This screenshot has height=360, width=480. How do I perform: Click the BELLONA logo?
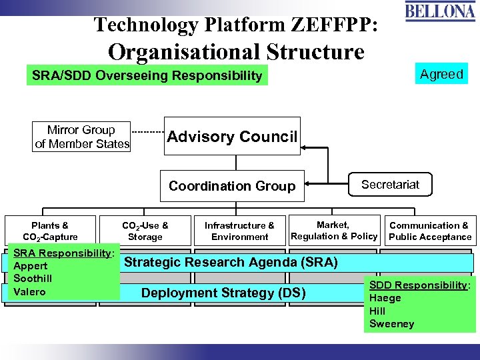441,12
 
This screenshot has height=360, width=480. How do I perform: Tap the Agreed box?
441,74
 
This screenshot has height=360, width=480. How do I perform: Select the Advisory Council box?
232,137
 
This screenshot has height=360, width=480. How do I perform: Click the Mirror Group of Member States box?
82,137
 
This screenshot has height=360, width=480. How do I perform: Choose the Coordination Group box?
232,186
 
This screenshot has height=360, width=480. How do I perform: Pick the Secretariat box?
390,185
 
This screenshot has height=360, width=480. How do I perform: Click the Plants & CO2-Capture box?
50,231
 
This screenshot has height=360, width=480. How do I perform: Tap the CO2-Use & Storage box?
145,231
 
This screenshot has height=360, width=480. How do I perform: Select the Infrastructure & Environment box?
239,231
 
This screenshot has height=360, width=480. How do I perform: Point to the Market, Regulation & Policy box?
334,231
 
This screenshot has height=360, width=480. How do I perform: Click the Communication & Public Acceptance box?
430,231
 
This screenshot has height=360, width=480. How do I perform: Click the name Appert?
31,266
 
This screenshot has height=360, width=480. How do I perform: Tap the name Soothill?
33,279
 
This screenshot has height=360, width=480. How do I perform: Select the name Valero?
29,291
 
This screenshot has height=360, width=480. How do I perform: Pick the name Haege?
385,298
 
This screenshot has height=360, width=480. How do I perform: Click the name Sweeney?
391,324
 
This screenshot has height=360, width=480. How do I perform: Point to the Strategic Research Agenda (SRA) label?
231,262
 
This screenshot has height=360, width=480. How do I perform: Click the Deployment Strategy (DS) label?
223,293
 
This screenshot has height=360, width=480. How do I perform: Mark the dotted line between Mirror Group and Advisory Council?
147,131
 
